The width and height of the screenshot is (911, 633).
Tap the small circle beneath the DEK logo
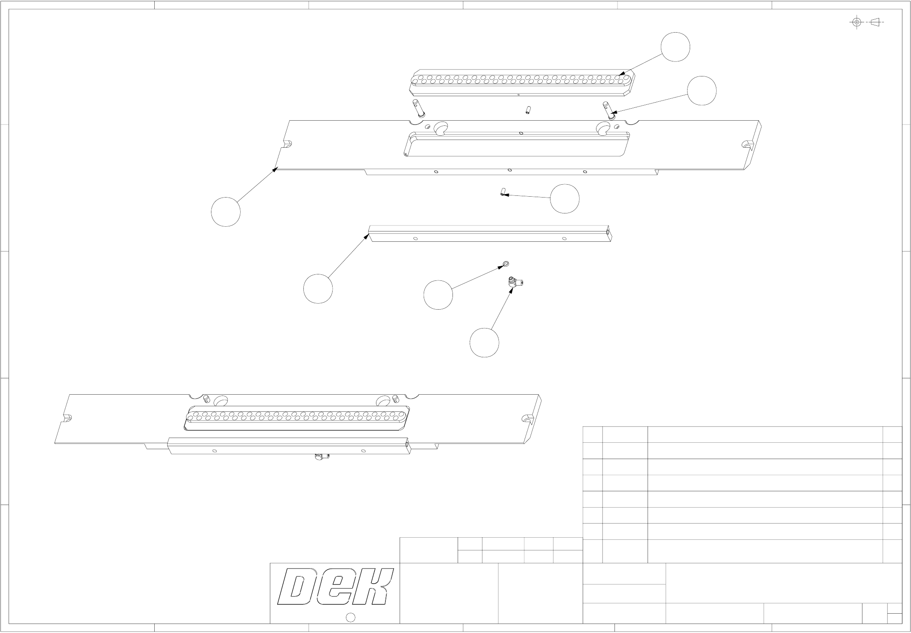pos(351,617)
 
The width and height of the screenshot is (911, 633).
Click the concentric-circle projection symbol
pos(856,22)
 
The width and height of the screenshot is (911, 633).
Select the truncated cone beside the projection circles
pos(875,22)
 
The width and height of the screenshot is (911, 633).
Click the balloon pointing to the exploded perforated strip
pos(675,47)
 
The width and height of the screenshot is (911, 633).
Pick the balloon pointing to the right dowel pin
pos(701,91)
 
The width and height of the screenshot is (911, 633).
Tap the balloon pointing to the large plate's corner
pos(226,212)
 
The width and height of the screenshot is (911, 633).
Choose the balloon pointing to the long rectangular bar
pos(318,288)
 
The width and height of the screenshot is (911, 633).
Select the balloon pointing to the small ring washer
pos(438,295)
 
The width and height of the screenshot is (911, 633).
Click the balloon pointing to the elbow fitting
pos(484,343)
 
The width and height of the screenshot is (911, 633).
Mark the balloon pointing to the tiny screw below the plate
pos(565,199)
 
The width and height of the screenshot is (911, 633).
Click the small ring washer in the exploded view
pos(506,263)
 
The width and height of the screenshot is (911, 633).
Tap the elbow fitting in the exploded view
pos(514,282)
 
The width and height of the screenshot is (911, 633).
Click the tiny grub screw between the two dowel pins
pos(527,110)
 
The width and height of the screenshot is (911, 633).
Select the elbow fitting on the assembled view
pos(321,457)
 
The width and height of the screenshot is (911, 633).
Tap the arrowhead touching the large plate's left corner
pos(275,170)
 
